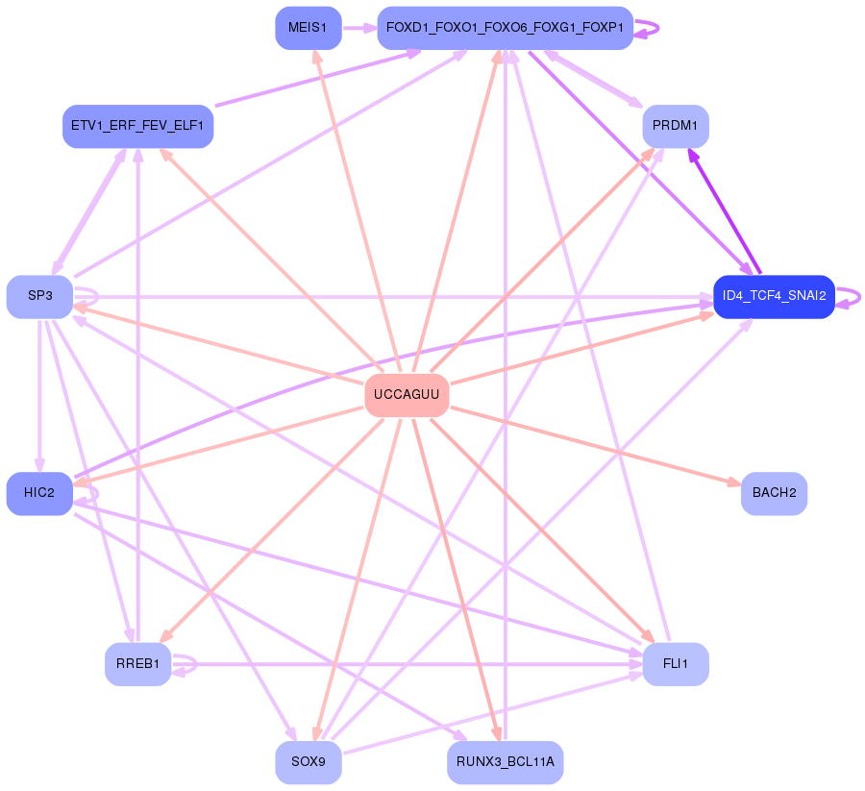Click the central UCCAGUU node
407,395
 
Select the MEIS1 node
308,28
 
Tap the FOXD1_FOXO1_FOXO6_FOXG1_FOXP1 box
505,28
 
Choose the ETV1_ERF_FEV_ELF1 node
137,126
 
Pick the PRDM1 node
675,126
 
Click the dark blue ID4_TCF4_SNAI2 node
774,296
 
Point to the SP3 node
39,296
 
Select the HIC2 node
39,493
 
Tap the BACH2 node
774,493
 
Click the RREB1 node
137,663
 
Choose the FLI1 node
675,663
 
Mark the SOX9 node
308,762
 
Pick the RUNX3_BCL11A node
505,762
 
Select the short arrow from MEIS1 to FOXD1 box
358,28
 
